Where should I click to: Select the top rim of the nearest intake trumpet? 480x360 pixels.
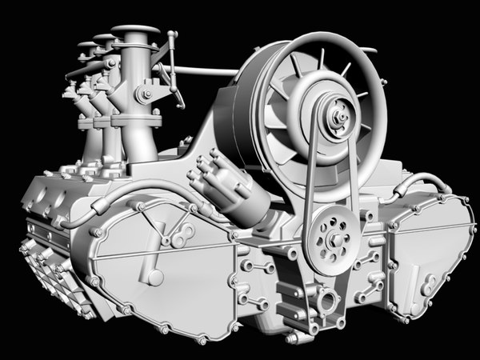tap(135, 31)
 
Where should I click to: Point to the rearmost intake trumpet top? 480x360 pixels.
tap(86, 46)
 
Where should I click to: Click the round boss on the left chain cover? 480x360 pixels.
tap(155, 277)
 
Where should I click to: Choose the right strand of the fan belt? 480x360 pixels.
tap(355, 180)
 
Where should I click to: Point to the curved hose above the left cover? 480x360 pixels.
tap(128, 200)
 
